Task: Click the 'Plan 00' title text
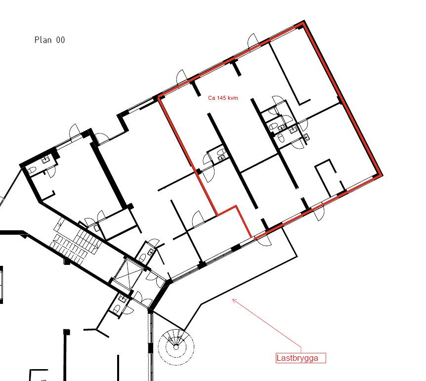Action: [49, 40]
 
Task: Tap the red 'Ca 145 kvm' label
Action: [223, 98]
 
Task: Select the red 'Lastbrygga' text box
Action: [301, 358]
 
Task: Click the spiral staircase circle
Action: [176, 347]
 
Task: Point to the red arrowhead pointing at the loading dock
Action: [234, 300]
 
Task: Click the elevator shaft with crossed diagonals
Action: [128, 274]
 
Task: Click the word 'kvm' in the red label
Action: [233, 98]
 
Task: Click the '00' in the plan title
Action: [61, 40]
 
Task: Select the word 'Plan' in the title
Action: [43, 40]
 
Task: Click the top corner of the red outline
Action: [303, 21]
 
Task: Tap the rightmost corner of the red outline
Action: [381, 175]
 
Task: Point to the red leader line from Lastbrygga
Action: [267, 323]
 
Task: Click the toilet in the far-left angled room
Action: [32, 170]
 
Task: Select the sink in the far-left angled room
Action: [45, 160]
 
